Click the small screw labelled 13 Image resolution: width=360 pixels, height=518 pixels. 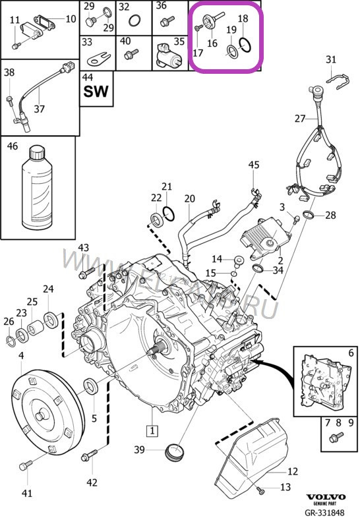pyautogui.click(x=261, y=489)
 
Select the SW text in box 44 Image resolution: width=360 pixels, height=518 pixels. pyautogui.click(x=96, y=90)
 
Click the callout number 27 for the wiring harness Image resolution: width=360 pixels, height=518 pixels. pyautogui.click(x=300, y=119)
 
